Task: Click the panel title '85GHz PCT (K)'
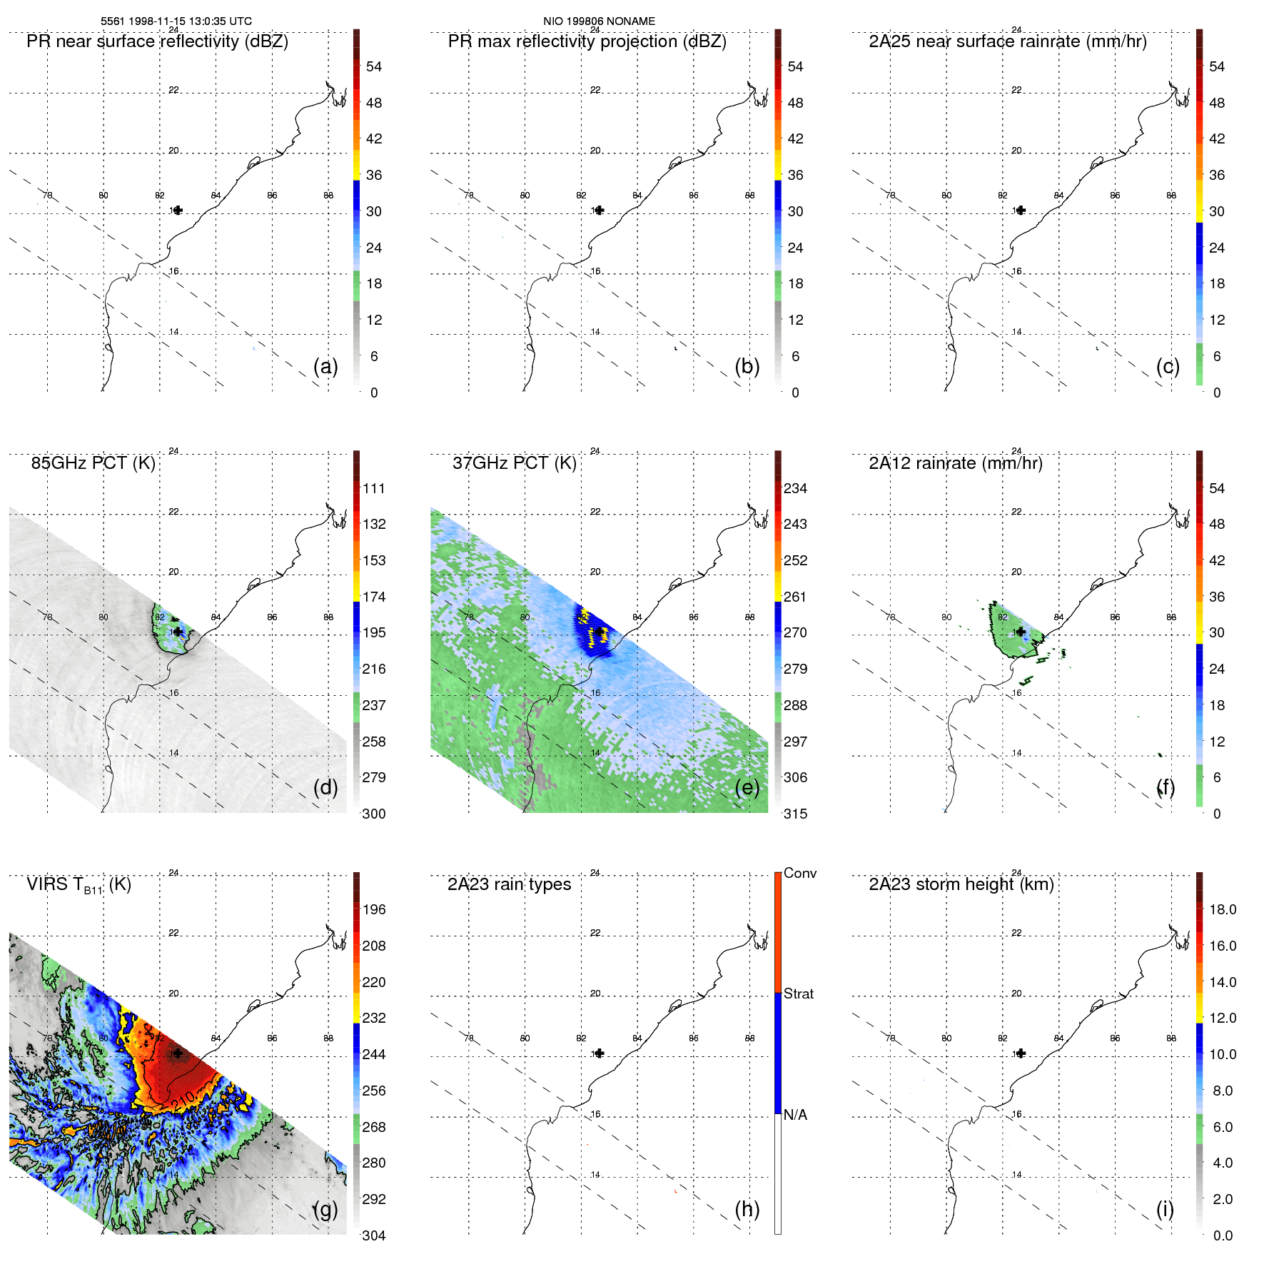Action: pos(93,463)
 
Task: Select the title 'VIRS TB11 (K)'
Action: pos(79,885)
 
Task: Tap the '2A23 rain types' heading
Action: pos(509,884)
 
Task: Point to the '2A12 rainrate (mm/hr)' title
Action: pos(955,463)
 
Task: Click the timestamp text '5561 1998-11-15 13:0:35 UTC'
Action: pos(176,21)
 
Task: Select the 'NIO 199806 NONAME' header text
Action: pos(599,21)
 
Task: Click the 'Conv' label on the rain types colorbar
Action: pos(799,873)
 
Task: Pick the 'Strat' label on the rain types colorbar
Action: pos(798,993)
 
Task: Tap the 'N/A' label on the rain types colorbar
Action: pos(795,1115)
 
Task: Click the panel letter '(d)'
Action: pos(325,787)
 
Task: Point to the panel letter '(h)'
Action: pos(747,1209)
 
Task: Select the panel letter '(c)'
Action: pos(1168,366)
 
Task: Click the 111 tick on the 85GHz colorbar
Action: pos(373,488)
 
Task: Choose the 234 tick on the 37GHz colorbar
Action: pos(795,488)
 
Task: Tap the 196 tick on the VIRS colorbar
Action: pos(373,909)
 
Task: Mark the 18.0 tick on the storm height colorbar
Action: pos(1222,909)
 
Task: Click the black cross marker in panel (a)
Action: pos(178,210)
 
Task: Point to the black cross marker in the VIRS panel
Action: pos(178,1053)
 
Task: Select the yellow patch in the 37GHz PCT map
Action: pos(596,631)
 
